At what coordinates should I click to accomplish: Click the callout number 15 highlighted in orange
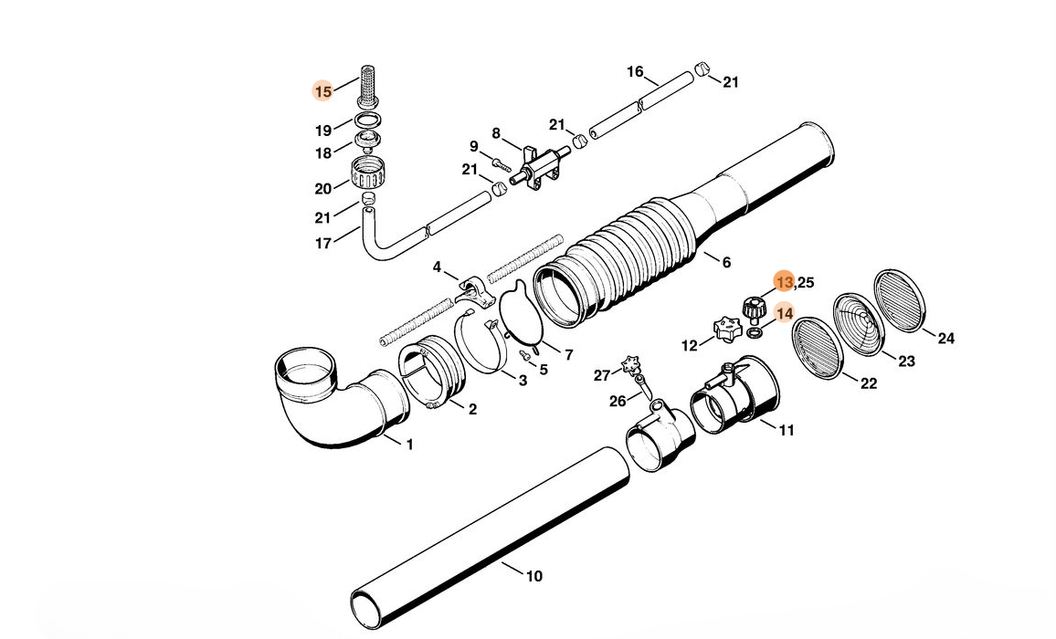322,91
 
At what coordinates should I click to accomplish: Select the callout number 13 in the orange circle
784,282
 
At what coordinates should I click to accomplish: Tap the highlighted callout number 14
785,313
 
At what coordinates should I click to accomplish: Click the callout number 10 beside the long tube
534,575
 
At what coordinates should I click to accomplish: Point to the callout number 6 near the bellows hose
726,263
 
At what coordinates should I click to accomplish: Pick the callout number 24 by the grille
945,339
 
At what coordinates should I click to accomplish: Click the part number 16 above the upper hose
635,72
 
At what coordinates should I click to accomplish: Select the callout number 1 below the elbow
409,445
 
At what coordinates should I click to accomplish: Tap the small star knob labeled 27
628,364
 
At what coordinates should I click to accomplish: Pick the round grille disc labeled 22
818,347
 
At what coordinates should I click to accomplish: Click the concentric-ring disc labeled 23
859,324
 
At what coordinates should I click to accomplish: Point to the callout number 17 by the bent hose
323,244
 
